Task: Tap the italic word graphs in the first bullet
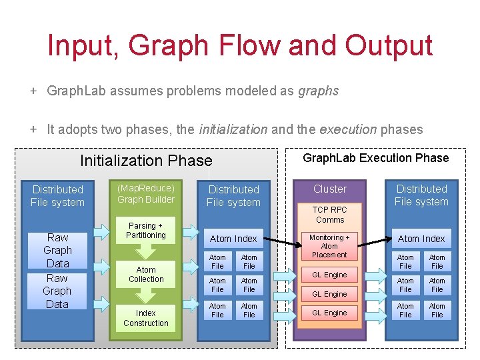[x=318, y=91]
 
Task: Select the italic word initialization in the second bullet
[x=233, y=129]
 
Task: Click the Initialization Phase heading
[x=146, y=161]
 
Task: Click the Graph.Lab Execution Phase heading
[x=375, y=158]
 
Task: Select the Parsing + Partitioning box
[x=146, y=231]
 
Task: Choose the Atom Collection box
[x=146, y=275]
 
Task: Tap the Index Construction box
[x=146, y=318]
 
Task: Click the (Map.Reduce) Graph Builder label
[x=146, y=193]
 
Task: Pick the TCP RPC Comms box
[x=330, y=215]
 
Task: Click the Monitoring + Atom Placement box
[x=329, y=246]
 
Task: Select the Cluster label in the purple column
[x=330, y=189]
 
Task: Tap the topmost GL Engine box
[x=330, y=275]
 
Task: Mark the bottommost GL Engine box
[x=330, y=313]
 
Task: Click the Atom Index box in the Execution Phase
[x=421, y=239]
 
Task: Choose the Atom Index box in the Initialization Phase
[x=233, y=239]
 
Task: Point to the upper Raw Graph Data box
[x=57, y=250]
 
